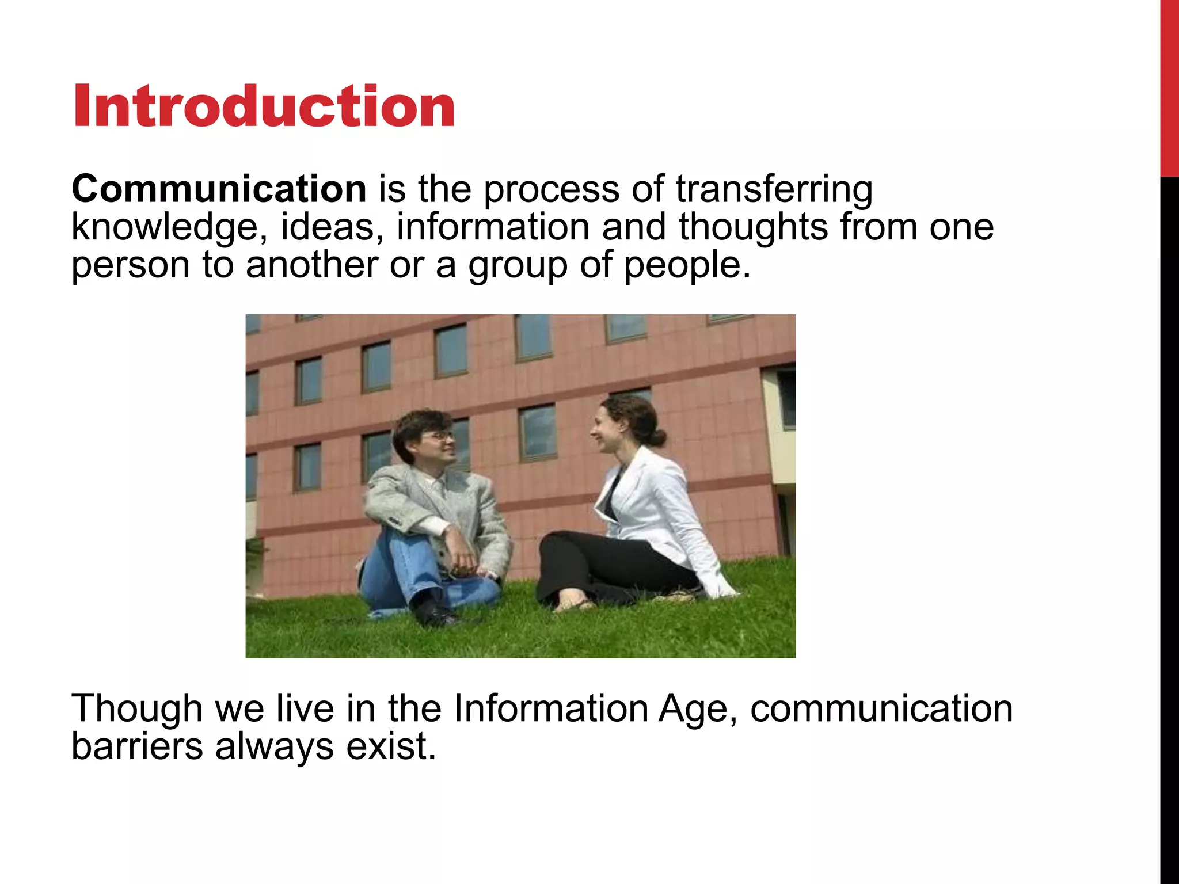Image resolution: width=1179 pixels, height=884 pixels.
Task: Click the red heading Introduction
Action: pos(264,106)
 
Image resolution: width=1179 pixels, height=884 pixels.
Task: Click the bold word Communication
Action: pos(219,189)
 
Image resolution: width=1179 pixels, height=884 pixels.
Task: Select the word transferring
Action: pos(774,189)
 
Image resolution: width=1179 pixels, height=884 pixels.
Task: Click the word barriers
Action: pos(137,746)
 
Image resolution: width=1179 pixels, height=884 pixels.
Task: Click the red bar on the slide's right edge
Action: pos(1169,86)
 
